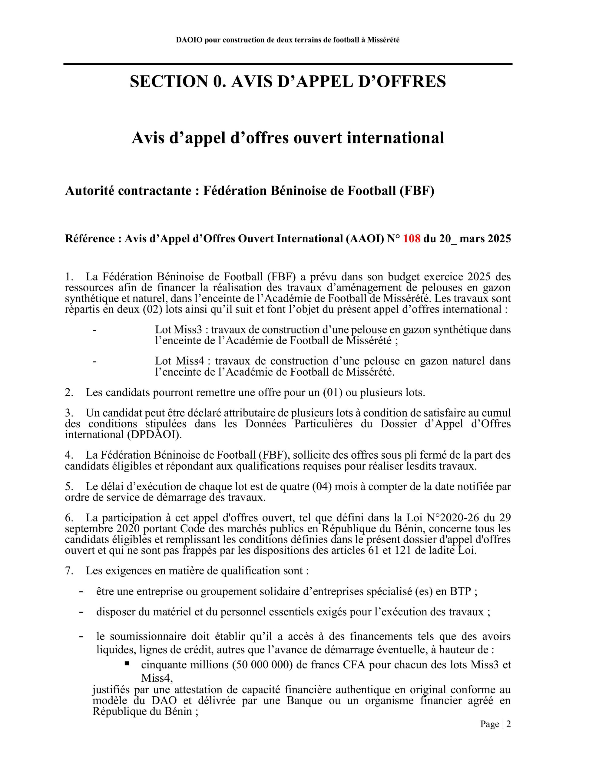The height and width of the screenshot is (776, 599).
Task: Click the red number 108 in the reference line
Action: [x=412, y=239]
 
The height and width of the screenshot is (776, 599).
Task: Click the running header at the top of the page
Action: [x=288, y=40]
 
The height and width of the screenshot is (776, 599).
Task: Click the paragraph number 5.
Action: [x=69, y=487]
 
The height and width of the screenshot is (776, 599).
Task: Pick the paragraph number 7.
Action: [x=69, y=570]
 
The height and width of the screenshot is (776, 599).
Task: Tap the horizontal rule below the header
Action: [x=288, y=64]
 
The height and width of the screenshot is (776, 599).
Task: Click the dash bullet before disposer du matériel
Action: [x=81, y=612]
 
